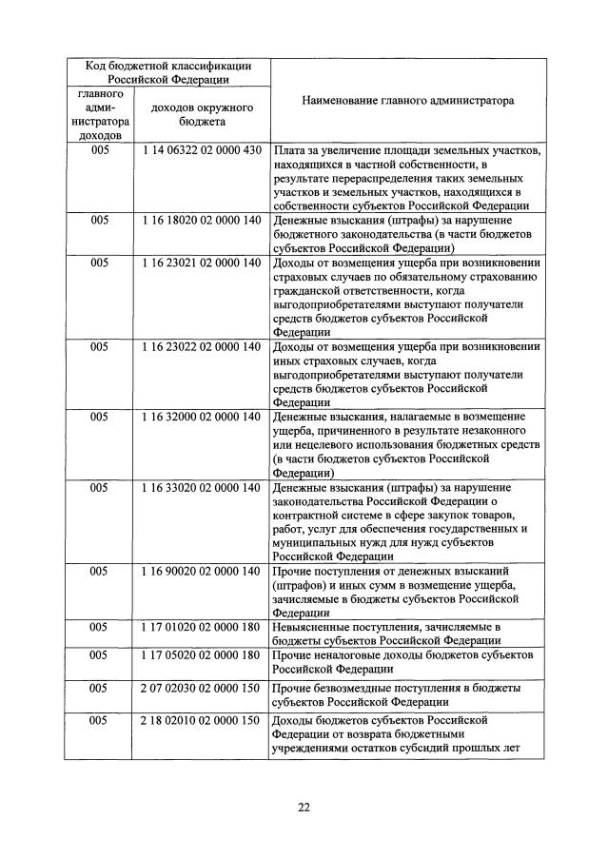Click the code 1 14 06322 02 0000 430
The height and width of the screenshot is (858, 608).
click(201, 151)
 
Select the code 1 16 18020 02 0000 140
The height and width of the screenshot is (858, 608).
click(201, 220)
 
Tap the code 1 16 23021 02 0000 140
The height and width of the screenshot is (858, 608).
click(201, 262)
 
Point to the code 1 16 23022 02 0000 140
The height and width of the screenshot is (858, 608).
click(201, 347)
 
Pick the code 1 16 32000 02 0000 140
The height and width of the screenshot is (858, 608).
click(201, 417)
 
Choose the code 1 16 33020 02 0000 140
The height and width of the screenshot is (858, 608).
click(201, 488)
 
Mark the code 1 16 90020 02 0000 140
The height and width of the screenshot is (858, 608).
click(201, 571)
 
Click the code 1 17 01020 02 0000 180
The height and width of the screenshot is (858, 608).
click(201, 627)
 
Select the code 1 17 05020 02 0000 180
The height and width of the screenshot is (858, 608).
click(201, 655)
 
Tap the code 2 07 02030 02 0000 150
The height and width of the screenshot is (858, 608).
click(201, 687)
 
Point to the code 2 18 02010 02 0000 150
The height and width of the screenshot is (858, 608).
click(201, 720)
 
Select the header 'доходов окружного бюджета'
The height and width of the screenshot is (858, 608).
click(201, 115)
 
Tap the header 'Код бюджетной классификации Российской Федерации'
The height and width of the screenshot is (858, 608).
click(168, 72)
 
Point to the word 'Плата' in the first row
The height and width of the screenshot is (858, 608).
click(287, 151)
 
